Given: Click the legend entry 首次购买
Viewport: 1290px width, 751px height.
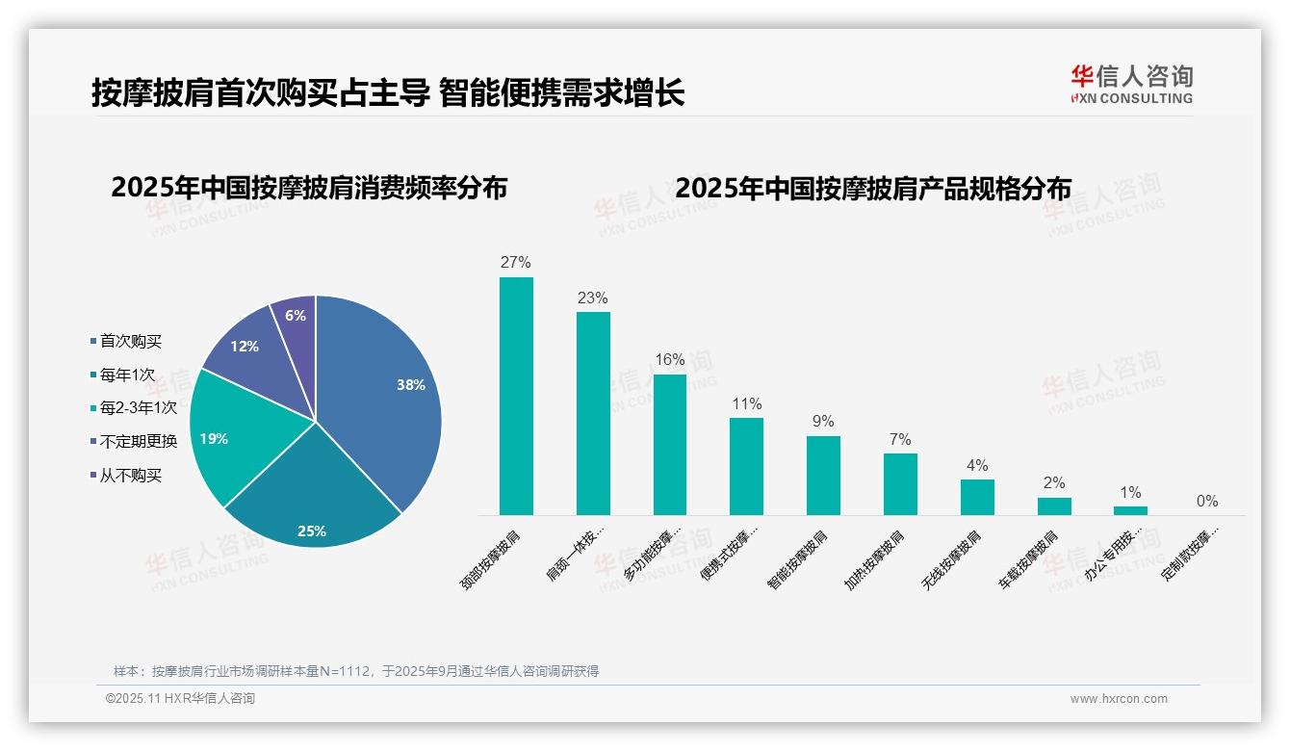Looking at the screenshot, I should (131, 341).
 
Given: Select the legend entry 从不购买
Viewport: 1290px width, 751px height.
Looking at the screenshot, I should (131, 476).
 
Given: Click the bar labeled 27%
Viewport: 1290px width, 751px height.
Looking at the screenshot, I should (516, 396).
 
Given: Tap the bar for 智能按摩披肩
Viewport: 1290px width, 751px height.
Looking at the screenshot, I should (823, 476).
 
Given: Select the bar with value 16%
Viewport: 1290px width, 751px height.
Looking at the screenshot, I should (670, 444).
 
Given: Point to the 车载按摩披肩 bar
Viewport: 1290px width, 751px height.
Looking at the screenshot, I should (1054, 506).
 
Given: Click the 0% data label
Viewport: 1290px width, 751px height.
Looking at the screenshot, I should (1207, 501).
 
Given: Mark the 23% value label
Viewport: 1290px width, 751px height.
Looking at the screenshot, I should (592, 298).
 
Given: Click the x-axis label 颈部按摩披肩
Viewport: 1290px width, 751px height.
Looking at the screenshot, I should (492, 559).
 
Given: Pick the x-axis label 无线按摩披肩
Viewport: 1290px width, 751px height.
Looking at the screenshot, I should (952, 559).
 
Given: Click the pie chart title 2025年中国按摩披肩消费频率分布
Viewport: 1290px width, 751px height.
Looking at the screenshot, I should (309, 188).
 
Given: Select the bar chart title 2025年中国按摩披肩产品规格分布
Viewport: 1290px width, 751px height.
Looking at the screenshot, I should (873, 188).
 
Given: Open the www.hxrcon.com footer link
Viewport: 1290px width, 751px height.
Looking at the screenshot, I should (1119, 699).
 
